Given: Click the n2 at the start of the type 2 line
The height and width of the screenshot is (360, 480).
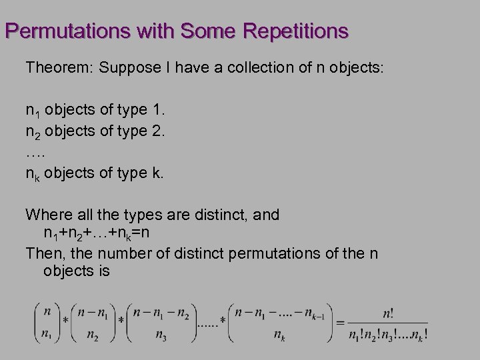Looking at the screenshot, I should tap(33, 131).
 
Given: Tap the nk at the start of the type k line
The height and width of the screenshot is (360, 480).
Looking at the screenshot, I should tap(33, 174).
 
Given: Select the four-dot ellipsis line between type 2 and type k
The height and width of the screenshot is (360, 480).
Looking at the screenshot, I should tap(35, 153).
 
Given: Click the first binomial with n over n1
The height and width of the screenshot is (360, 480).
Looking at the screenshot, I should tap(47, 322).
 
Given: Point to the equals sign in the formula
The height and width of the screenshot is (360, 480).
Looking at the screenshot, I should tap(340, 322).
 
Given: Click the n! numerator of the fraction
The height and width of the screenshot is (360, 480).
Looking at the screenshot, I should tap(387, 313).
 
